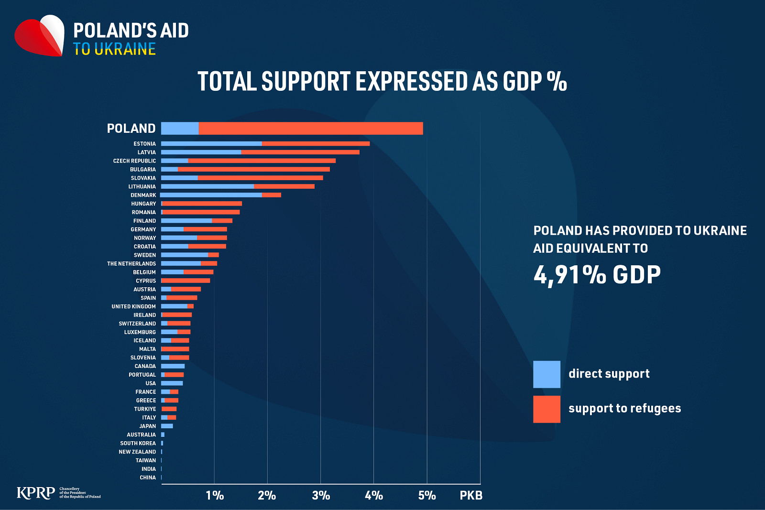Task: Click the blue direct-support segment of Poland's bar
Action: point(180,129)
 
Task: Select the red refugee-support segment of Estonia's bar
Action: point(316,144)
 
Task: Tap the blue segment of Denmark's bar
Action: point(211,195)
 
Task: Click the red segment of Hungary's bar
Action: point(202,204)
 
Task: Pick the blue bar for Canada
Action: point(173,366)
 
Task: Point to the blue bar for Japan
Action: point(167,426)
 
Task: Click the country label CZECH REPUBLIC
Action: point(134,161)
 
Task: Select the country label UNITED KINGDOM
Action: point(133,306)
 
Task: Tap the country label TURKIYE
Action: point(145,409)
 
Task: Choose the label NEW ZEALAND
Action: point(137,452)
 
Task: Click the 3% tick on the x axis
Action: point(321,495)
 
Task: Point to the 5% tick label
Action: point(427,495)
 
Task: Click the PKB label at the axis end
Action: point(471,495)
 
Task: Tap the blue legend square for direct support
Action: point(547,374)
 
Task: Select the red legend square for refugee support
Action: point(547,409)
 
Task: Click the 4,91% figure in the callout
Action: point(569,275)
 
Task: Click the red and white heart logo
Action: point(40,35)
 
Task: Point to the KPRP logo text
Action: point(36,493)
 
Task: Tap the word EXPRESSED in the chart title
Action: point(412,81)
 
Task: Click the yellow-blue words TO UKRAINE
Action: point(114,49)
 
